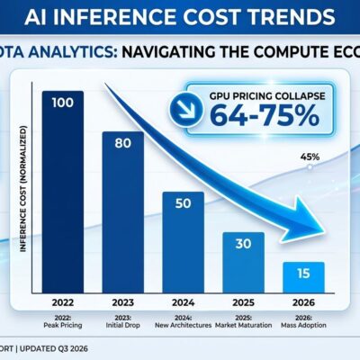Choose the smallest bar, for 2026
(x=303, y=274)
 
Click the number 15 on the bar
(x=303, y=273)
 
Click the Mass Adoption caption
(x=303, y=320)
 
